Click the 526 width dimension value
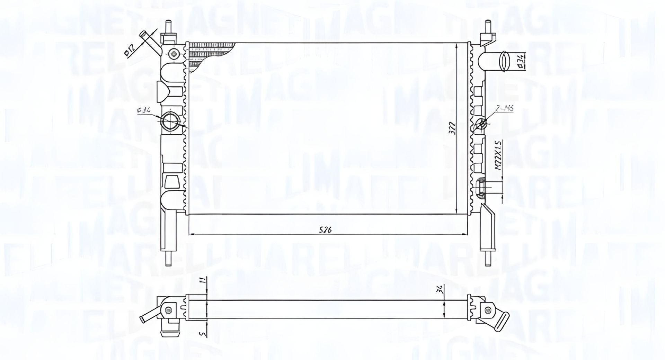(326, 230)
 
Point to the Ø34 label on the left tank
(144, 111)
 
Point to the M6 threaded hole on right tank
(481, 123)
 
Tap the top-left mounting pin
(169, 27)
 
